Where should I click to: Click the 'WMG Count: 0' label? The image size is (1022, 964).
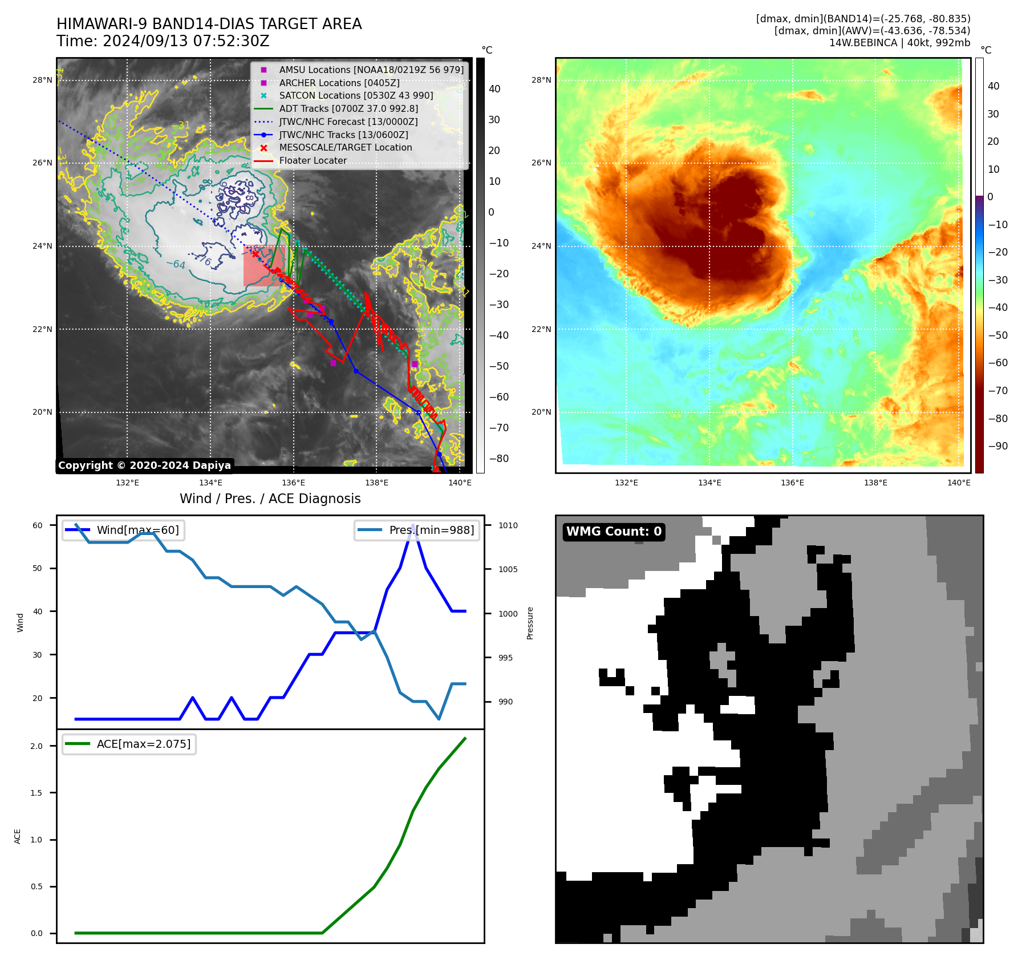(x=614, y=532)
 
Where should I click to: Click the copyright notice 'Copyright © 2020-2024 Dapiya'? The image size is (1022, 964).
(x=144, y=465)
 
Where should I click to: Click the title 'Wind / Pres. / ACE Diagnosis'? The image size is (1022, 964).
(x=270, y=499)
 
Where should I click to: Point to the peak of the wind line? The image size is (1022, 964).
(x=413, y=525)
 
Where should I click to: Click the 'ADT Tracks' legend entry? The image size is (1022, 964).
(x=348, y=108)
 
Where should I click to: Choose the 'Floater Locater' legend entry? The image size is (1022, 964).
(x=313, y=161)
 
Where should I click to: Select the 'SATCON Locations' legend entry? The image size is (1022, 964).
(x=356, y=95)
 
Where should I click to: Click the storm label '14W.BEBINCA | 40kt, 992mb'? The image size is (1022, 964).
(x=899, y=43)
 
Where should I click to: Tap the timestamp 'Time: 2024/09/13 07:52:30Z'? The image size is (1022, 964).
(x=163, y=41)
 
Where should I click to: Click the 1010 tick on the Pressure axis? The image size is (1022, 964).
(x=508, y=525)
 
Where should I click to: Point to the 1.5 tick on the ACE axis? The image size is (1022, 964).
(x=36, y=793)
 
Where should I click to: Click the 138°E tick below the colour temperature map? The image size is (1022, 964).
(x=875, y=483)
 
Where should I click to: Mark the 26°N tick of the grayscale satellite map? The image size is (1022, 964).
(x=42, y=163)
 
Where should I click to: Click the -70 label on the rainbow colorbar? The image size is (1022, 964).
(x=997, y=391)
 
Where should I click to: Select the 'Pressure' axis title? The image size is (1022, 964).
(x=530, y=623)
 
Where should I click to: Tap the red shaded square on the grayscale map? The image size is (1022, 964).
(x=264, y=266)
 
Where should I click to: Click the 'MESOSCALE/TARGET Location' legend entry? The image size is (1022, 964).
(x=345, y=148)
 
